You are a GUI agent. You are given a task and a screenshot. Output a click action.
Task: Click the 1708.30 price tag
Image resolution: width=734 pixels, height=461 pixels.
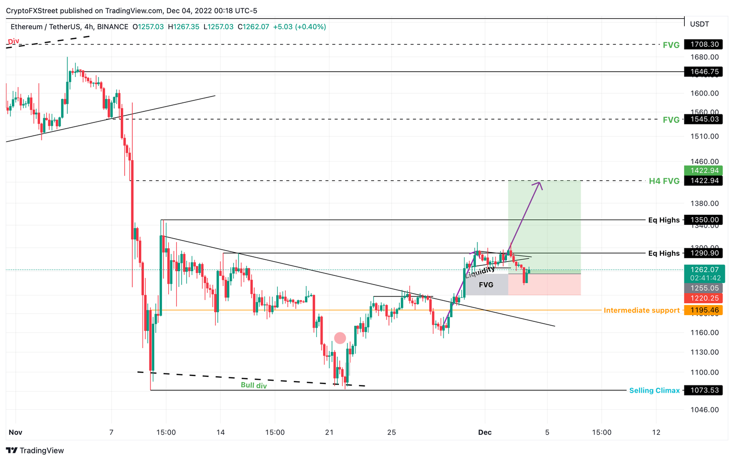703,44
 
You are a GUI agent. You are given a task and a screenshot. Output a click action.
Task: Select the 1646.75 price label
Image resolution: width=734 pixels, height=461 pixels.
703,72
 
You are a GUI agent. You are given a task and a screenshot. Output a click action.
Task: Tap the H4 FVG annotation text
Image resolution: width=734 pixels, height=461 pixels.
664,181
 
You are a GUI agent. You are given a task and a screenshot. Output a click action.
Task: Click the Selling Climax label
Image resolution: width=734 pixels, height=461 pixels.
654,390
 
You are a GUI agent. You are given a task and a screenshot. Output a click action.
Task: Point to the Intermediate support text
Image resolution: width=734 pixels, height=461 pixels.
641,310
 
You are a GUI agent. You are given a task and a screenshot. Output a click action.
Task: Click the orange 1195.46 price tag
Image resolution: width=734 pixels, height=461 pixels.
703,310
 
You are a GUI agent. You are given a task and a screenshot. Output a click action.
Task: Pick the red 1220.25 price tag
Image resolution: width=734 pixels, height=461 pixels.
703,298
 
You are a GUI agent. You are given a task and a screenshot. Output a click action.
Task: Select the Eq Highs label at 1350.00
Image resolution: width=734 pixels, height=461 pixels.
664,220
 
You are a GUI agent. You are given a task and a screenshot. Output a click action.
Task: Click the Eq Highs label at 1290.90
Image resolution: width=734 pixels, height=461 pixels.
664,253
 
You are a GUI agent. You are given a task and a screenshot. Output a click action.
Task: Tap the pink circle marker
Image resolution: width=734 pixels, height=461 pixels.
340,338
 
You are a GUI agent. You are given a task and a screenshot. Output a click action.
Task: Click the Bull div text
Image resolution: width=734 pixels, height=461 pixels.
254,385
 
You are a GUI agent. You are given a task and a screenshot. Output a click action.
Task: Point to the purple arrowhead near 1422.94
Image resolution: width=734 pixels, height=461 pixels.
540,184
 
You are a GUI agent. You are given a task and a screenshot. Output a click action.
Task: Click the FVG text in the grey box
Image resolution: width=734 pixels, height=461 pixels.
486,285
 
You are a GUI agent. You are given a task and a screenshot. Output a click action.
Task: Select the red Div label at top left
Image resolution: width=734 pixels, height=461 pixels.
13,41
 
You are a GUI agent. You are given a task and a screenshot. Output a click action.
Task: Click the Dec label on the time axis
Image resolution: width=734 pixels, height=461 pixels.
485,432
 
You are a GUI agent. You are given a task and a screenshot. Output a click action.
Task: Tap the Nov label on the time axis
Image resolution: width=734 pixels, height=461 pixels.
15,432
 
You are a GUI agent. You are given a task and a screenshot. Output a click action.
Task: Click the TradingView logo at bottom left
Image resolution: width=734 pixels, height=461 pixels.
35,450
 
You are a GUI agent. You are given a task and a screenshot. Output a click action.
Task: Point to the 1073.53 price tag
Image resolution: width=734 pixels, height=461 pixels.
703,390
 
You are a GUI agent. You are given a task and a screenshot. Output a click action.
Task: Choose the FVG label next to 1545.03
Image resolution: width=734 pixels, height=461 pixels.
671,120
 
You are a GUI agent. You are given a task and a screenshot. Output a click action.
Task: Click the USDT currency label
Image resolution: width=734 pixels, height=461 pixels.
700,24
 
